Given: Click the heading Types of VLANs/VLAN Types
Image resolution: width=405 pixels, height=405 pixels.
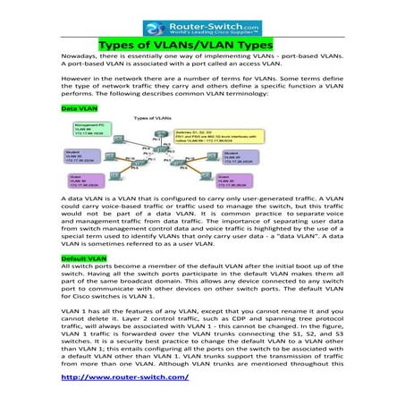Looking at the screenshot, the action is (x=202, y=42).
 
